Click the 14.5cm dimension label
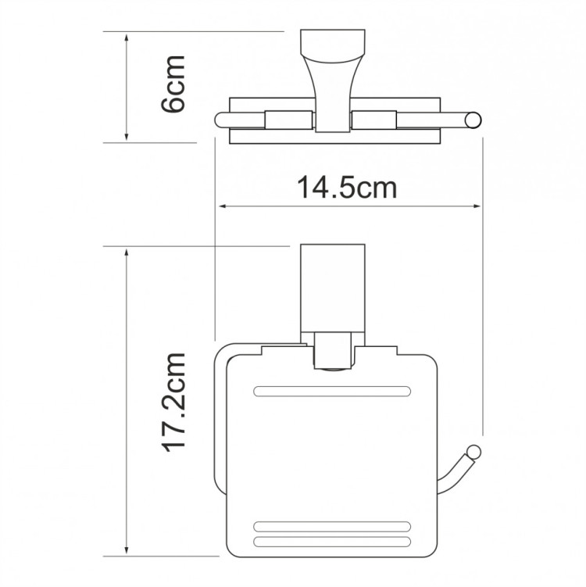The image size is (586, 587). tap(346, 188)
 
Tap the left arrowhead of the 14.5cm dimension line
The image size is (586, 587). tap(221, 207)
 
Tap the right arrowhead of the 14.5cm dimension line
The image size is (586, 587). tap(477, 207)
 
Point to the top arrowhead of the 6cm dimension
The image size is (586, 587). tap(127, 37)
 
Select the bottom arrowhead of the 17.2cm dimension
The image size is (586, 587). tap(127, 551)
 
